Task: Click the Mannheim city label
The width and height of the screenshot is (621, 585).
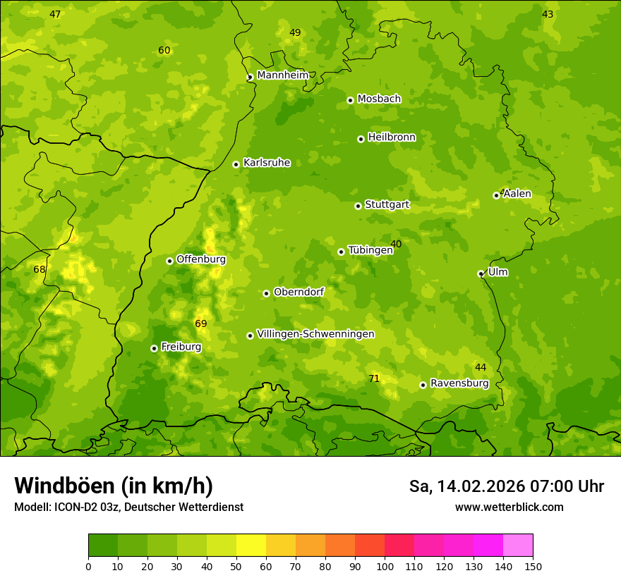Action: click(x=282, y=75)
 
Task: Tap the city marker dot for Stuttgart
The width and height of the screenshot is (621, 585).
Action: click(x=358, y=206)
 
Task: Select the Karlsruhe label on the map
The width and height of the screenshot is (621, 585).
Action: click(x=266, y=163)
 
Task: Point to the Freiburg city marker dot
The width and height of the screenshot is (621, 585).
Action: click(x=154, y=348)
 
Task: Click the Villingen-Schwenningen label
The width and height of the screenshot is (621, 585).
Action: click(x=315, y=334)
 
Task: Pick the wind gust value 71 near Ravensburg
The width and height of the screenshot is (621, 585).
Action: click(x=374, y=378)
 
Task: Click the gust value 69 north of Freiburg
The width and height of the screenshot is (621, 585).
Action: click(x=201, y=324)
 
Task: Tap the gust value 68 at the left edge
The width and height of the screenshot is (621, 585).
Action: click(x=40, y=269)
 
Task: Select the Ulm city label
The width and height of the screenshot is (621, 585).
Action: click(x=498, y=272)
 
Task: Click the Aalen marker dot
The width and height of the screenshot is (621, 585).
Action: click(x=496, y=195)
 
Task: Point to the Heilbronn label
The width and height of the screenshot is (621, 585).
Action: click(x=392, y=137)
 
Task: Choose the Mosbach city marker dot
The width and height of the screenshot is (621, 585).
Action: click(x=350, y=100)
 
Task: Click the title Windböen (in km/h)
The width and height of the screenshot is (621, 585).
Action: click(x=114, y=486)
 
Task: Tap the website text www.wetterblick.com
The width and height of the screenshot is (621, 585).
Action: click(x=509, y=507)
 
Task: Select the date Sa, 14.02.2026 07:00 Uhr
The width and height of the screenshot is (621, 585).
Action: click(x=506, y=486)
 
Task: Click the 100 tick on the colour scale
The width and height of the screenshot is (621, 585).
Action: click(x=385, y=566)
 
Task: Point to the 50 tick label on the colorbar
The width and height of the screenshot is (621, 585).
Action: click(x=236, y=566)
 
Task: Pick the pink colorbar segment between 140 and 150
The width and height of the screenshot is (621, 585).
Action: click(x=518, y=546)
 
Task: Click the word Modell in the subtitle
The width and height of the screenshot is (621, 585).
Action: click(x=32, y=507)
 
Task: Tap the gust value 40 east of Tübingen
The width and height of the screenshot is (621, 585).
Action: click(x=396, y=244)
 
